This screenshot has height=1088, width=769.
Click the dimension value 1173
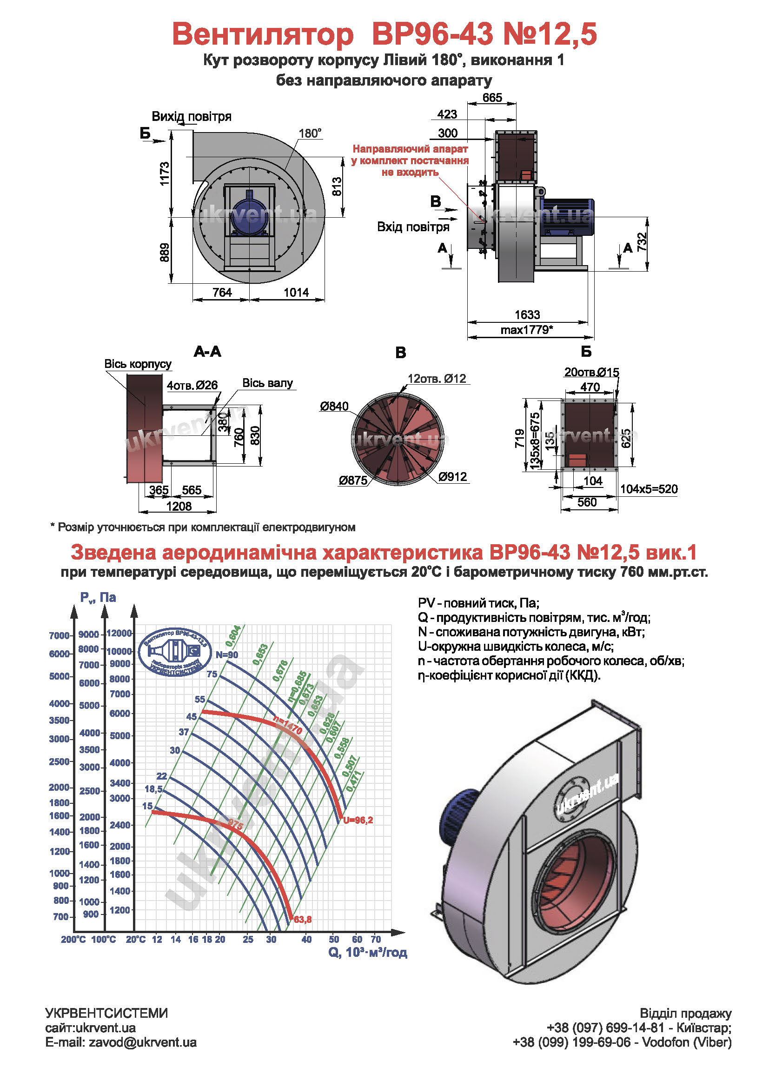(x=164, y=174)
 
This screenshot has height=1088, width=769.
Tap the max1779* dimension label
(x=527, y=330)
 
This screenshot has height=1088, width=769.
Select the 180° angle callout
(x=310, y=133)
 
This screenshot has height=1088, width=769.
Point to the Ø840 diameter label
(x=334, y=406)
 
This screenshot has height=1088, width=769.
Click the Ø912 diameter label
(x=452, y=477)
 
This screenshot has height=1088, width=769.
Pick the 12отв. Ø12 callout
(x=437, y=379)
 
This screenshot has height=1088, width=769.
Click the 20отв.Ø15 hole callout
(x=591, y=373)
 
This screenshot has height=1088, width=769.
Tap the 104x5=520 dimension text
(x=649, y=489)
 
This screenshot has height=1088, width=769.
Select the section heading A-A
(x=207, y=352)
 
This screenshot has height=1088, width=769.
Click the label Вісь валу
(x=267, y=383)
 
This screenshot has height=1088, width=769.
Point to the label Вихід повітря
(x=191, y=117)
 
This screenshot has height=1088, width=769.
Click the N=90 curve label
(x=227, y=655)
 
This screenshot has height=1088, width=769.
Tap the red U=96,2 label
(x=358, y=820)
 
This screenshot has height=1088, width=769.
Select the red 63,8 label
(x=303, y=920)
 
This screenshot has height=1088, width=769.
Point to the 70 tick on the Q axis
(x=376, y=939)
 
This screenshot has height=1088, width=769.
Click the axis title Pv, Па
(x=98, y=598)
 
